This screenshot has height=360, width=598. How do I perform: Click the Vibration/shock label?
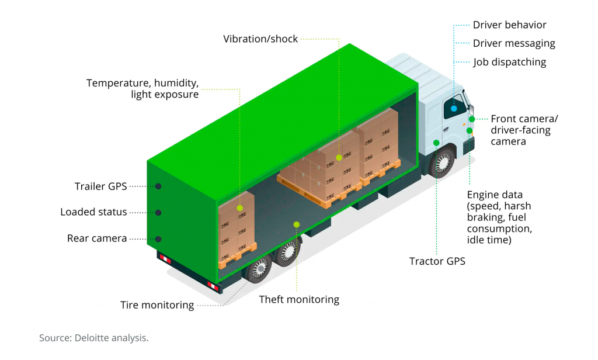click(260, 39)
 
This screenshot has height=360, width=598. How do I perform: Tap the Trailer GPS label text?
click(100, 186)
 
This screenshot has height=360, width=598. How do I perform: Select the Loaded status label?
click(93, 212)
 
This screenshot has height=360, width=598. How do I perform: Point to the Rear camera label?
click(96, 238)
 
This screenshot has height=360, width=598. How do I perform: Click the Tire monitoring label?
click(157, 305)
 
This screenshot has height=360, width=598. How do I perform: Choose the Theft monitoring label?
click(299, 300)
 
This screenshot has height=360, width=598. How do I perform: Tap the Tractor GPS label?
click(437, 261)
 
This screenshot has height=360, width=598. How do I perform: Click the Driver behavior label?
click(509, 25)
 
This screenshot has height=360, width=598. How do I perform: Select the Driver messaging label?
click(514, 43)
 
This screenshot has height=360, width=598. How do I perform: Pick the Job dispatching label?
click(509, 62)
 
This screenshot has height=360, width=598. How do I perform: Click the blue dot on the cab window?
click(454, 108)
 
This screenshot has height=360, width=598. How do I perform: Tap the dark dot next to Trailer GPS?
click(158, 186)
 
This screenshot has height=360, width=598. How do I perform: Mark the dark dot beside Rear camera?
click(158, 238)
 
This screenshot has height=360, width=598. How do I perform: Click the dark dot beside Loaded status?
click(158, 212)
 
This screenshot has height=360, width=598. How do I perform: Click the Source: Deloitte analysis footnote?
click(94, 338)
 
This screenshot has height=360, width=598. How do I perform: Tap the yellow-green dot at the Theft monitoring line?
click(297, 224)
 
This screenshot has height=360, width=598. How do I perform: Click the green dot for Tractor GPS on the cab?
click(436, 143)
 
